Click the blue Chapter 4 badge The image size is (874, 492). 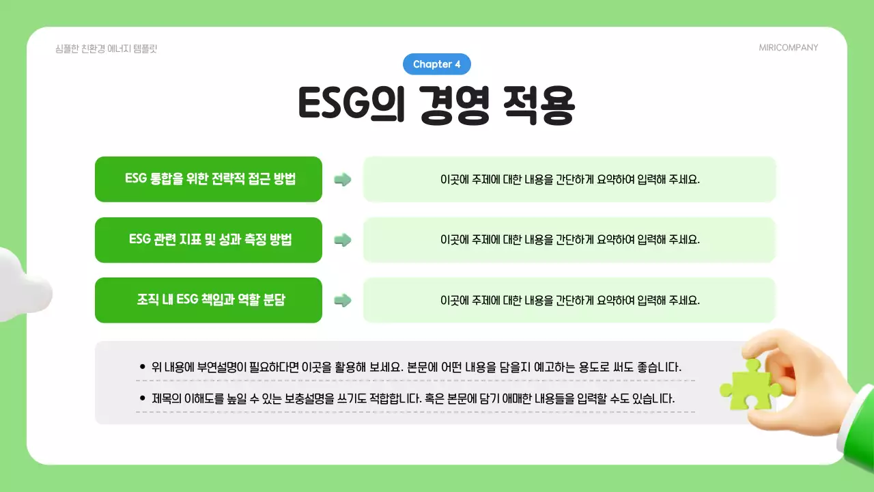click(437, 64)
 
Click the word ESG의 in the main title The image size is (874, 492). click(350, 105)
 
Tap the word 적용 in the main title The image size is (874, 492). click(539, 105)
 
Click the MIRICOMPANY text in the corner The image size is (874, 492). click(788, 48)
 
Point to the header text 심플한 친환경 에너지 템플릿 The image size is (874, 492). click(107, 49)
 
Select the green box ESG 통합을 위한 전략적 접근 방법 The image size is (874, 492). click(208, 179)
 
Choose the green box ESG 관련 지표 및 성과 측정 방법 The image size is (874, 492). click(208, 240)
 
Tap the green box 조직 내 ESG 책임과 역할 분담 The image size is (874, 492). click(208, 300)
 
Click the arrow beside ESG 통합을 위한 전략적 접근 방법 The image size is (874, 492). click(343, 180)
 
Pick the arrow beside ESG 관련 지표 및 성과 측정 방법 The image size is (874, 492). click(343, 240)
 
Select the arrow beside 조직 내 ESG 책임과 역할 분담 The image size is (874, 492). click(343, 300)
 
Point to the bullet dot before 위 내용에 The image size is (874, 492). click(142, 367)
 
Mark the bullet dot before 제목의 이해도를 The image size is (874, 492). click(142, 398)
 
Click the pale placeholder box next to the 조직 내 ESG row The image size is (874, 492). click(569, 300)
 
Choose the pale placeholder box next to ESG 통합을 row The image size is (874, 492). click(569, 180)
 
